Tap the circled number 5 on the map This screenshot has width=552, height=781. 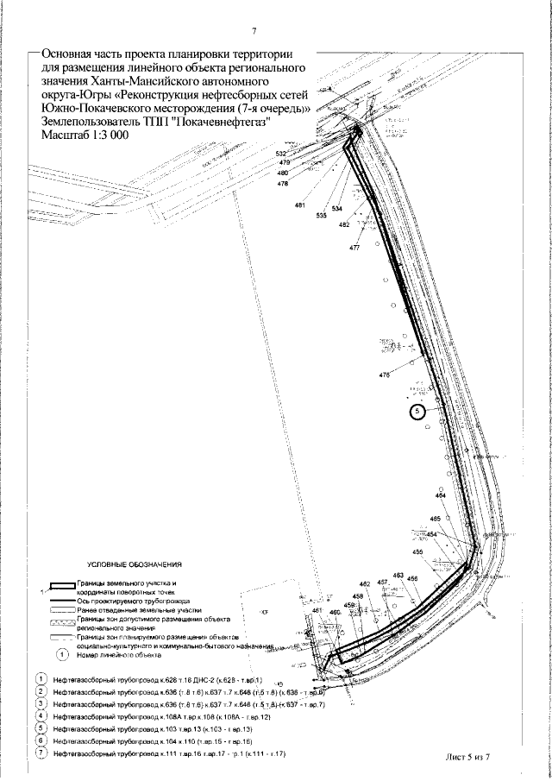(418, 412)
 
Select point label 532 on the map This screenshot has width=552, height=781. (281, 154)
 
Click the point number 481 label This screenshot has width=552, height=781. (300, 205)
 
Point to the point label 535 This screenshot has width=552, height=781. (321, 215)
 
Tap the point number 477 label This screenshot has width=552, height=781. (354, 248)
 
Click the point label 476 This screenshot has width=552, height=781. (385, 375)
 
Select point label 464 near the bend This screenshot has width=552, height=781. (441, 497)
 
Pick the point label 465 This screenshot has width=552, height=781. (436, 518)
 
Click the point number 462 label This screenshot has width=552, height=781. (364, 584)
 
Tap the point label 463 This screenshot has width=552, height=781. (398, 575)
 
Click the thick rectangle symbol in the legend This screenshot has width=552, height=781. (57, 586)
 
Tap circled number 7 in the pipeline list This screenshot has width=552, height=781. (40, 754)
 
